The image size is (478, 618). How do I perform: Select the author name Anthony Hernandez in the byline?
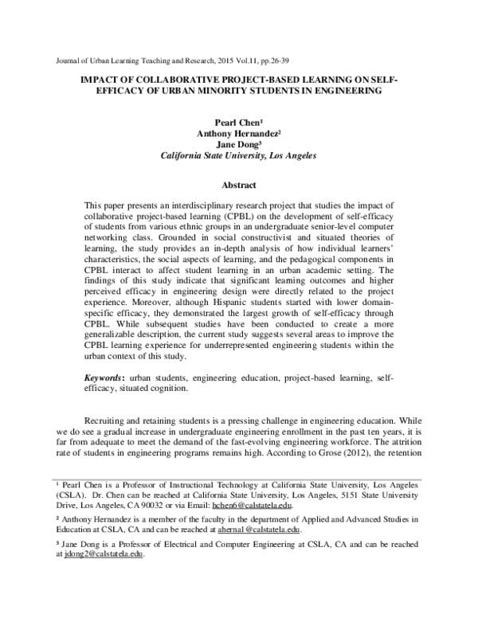click(x=237, y=135)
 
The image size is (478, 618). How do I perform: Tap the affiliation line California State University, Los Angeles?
click(x=238, y=157)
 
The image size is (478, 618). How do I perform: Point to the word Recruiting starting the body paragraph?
click(x=112, y=418)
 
